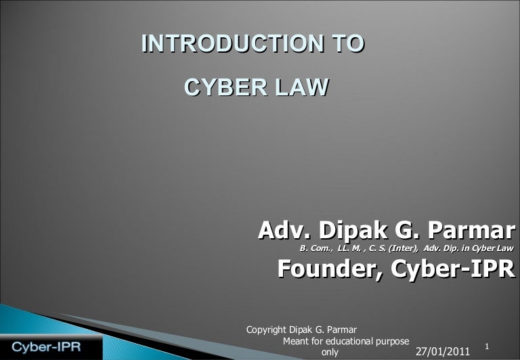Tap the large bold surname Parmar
[x=471, y=230]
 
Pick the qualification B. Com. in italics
[x=316, y=248]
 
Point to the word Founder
[x=330, y=269]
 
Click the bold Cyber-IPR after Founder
[x=453, y=269]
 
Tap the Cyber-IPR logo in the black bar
[x=47, y=347]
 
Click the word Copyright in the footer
[x=266, y=330]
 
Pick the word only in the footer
[x=330, y=352]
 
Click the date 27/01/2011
[x=443, y=351]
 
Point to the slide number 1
[x=487, y=346]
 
